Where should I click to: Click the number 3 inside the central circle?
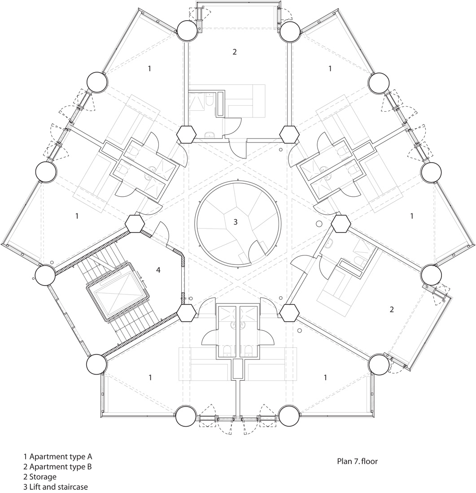click(x=236, y=222)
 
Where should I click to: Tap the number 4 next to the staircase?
click(x=158, y=270)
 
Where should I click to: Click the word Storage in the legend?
click(x=43, y=477)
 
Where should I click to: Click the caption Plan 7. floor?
click(x=357, y=461)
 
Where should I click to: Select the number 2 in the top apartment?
click(x=235, y=52)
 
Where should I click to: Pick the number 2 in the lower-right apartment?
click(x=392, y=309)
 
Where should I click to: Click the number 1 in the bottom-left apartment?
click(x=150, y=377)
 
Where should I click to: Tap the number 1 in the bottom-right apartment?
click(x=325, y=377)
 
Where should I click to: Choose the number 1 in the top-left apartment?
click(x=149, y=68)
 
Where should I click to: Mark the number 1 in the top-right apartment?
click(x=330, y=68)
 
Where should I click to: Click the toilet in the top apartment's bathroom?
click(x=210, y=100)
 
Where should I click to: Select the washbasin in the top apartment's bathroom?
click(x=209, y=135)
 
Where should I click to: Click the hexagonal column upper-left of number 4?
click(x=135, y=224)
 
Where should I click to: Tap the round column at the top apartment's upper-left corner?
click(x=187, y=30)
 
